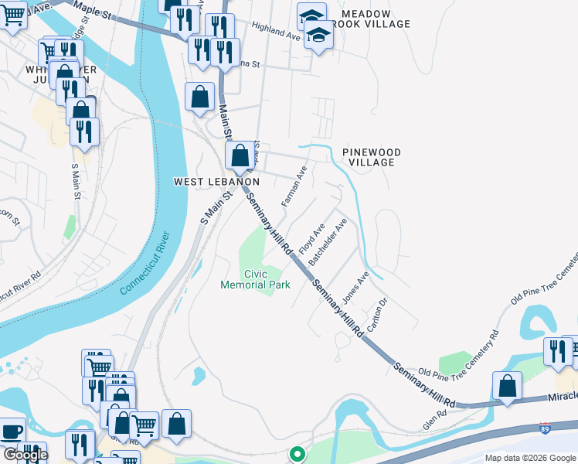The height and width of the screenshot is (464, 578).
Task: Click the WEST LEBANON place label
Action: (x=216, y=181)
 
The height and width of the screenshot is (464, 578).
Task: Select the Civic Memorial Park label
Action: (x=255, y=279)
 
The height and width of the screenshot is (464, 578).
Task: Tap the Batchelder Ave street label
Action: (x=328, y=241)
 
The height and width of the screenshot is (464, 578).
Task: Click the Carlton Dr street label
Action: (x=376, y=315)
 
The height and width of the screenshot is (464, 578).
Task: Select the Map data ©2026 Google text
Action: (x=529, y=458)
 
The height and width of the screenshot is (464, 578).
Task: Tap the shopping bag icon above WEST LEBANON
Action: (x=240, y=155)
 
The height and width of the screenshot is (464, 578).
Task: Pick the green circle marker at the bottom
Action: (x=296, y=455)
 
